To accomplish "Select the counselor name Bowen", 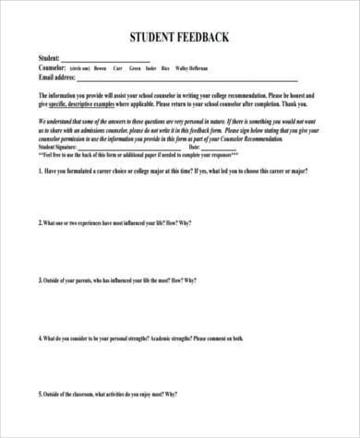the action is tap(102, 68).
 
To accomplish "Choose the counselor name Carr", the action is tap(118, 68).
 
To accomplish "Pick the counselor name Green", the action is tap(135, 68).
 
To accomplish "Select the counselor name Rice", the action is tap(165, 68).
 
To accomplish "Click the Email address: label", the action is tap(58, 77).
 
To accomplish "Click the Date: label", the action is tap(194, 148).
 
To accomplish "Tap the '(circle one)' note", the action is tap(80, 69).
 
